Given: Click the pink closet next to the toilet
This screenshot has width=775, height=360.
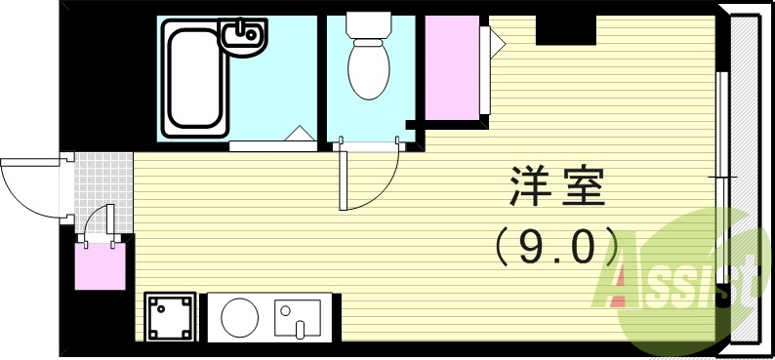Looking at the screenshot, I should click(x=451, y=64).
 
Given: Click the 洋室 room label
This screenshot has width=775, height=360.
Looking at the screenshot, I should click(x=557, y=185).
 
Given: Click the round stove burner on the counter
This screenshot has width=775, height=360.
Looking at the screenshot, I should click(x=239, y=316).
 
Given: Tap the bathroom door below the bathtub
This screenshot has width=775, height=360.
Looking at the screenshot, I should click(x=273, y=146).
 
